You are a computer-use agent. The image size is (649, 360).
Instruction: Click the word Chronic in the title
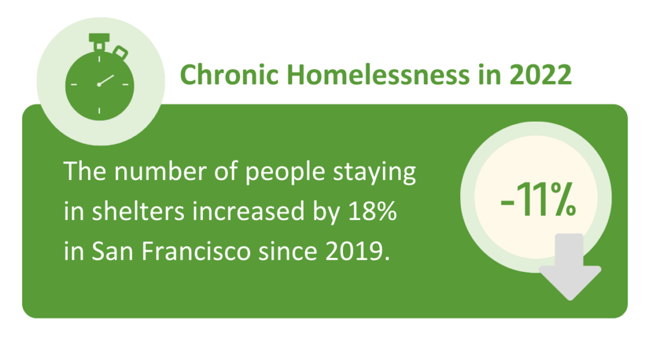(x=229, y=75)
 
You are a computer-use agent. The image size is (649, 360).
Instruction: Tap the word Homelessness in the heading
(x=378, y=75)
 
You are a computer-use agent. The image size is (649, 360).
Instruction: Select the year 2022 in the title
(x=541, y=75)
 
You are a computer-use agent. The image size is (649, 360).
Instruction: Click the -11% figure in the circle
(x=538, y=200)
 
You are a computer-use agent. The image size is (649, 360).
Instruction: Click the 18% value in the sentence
(x=373, y=211)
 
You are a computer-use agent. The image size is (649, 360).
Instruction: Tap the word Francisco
(x=196, y=251)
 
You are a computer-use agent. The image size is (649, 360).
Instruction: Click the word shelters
(x=138, y=211)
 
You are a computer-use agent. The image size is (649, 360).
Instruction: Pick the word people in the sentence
(x=285, y=172)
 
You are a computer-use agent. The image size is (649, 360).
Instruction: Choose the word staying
(x=375, y=172)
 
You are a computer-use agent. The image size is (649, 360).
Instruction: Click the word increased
(x=248, y=211)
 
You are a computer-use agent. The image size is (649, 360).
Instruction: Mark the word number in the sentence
(x=160, y=171)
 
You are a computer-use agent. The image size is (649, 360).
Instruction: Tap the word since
(x=288, y=251)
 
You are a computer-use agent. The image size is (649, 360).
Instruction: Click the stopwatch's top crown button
(x=100, y=41)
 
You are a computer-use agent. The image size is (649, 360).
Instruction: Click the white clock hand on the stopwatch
(x=106, y=80)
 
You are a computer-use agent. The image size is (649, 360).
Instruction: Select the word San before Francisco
(x=113, y=251)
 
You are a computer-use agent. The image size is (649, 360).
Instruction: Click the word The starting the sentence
(x=85, y=171)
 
